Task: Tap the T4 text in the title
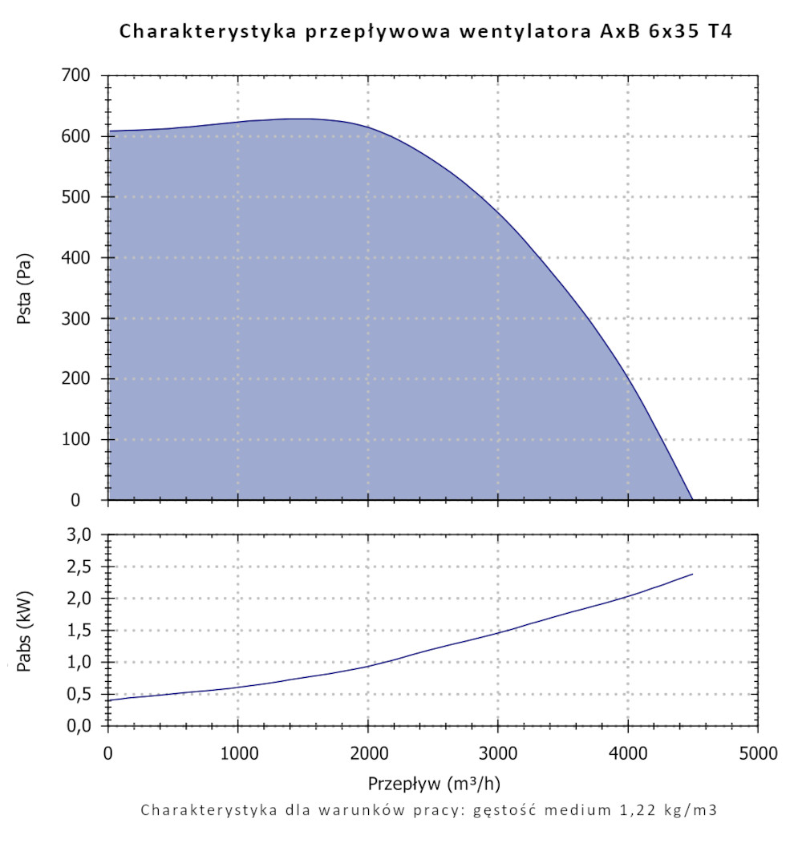point(719,32)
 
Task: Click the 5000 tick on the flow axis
point(757,753)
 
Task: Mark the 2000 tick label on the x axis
point(367,753)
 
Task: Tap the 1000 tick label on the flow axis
point(237,753)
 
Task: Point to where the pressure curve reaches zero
point(692,500)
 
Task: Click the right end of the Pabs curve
point(692,574)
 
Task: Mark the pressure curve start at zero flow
point(108,131)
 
